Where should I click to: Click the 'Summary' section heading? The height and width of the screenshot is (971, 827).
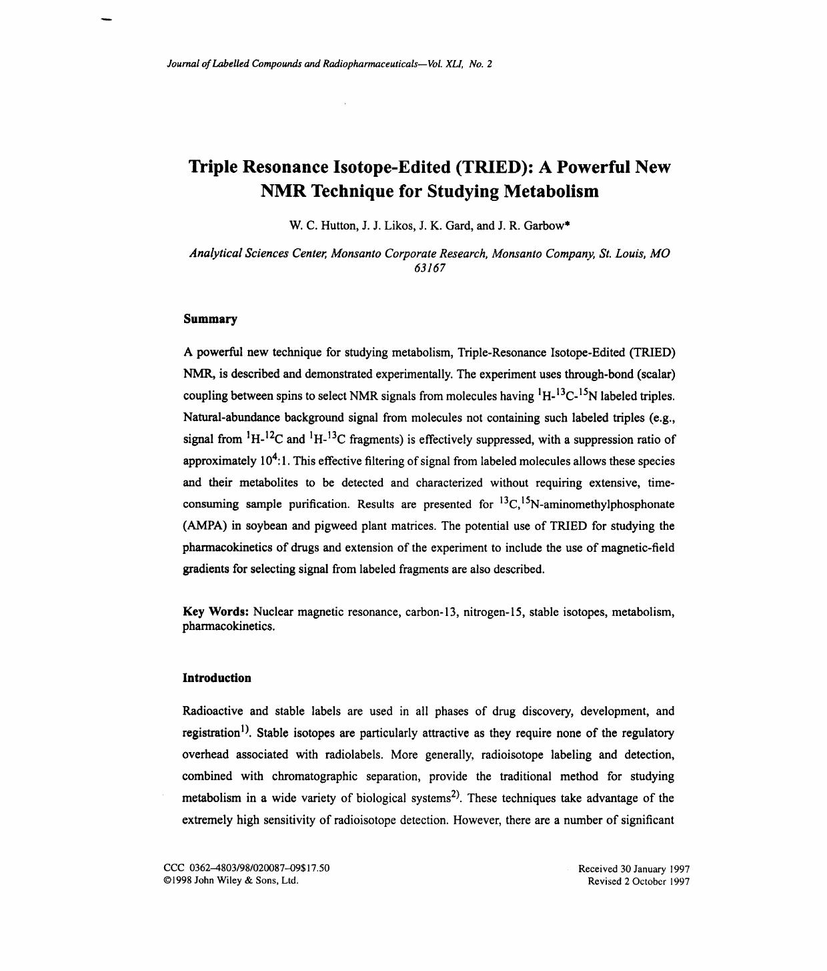tap(210, 319)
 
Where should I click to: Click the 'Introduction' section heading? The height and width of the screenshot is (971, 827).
tap(217, 678)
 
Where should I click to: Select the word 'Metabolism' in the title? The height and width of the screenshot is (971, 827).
tap(550, 192)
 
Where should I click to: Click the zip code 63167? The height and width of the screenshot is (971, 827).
tap(430, 268)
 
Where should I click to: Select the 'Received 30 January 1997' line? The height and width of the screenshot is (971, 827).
tap(634, 869)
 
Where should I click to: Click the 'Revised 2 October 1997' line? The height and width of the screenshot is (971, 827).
tap(638, 882)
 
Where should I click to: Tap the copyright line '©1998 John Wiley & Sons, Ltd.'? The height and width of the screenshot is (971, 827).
tap(231, 881)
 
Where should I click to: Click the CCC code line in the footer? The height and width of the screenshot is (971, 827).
tap(246, 868)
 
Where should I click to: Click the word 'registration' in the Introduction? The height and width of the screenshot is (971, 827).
tap(211, 733)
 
